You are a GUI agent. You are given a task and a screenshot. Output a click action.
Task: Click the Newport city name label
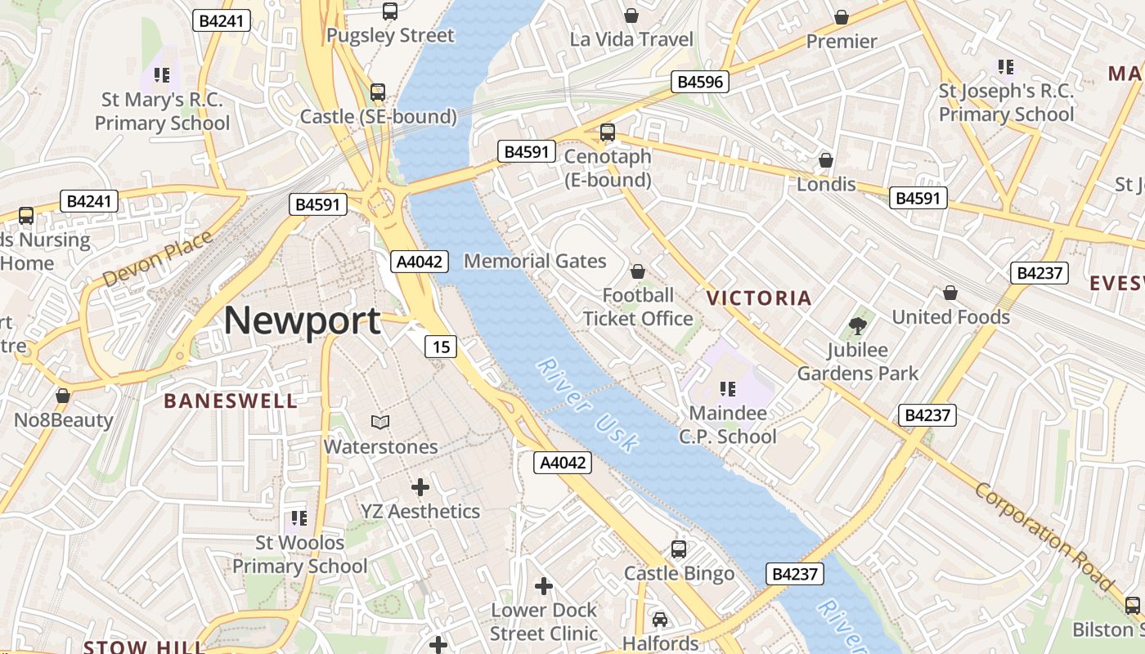coord(302,320)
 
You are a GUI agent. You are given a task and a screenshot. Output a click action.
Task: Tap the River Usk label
coord(586,405)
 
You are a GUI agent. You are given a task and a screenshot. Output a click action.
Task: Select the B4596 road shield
coord(699,82)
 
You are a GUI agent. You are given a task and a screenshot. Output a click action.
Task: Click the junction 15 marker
coord(440,347)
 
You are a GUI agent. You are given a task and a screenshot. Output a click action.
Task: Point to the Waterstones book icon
coord(380,422)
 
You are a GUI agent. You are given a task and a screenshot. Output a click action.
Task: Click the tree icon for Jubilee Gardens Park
coord(858,326)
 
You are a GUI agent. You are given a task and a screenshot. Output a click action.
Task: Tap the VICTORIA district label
coord(759,298)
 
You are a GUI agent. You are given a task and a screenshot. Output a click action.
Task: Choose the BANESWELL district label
coord(231,401)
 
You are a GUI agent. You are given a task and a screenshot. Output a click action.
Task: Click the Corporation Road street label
coord(1045,535)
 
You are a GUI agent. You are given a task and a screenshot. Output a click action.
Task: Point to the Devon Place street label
coord(158,258)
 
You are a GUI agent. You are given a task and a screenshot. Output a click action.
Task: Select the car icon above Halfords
coord(660,619)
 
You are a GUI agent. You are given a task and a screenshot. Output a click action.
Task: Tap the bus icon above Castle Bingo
coord(679,549)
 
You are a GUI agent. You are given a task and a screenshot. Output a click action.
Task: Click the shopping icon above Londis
coord(826,159)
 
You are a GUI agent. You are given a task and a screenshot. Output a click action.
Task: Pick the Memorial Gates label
coord(535,262)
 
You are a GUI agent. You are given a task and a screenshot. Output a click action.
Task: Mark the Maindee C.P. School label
coord(727,424)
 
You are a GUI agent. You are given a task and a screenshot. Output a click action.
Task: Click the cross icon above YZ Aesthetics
coord(420,487)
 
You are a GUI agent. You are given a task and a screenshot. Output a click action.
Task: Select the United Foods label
coord(950,316)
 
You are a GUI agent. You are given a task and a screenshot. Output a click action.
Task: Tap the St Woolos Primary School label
coord(299,553)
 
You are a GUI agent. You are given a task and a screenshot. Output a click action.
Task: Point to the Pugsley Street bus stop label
coord(389,36)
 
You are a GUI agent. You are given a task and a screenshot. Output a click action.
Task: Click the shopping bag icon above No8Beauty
coord(63,396)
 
